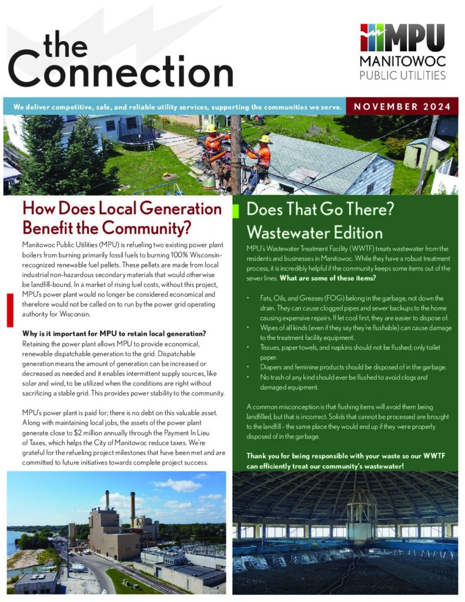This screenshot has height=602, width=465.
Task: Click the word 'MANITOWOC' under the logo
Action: [402, 62]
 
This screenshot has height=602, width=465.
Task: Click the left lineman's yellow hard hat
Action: [210, 128]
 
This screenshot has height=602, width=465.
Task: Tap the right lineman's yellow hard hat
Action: [265, 139]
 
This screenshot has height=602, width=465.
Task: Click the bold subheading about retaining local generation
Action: [110, 334]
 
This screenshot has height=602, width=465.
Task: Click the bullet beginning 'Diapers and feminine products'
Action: [353, 367]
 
